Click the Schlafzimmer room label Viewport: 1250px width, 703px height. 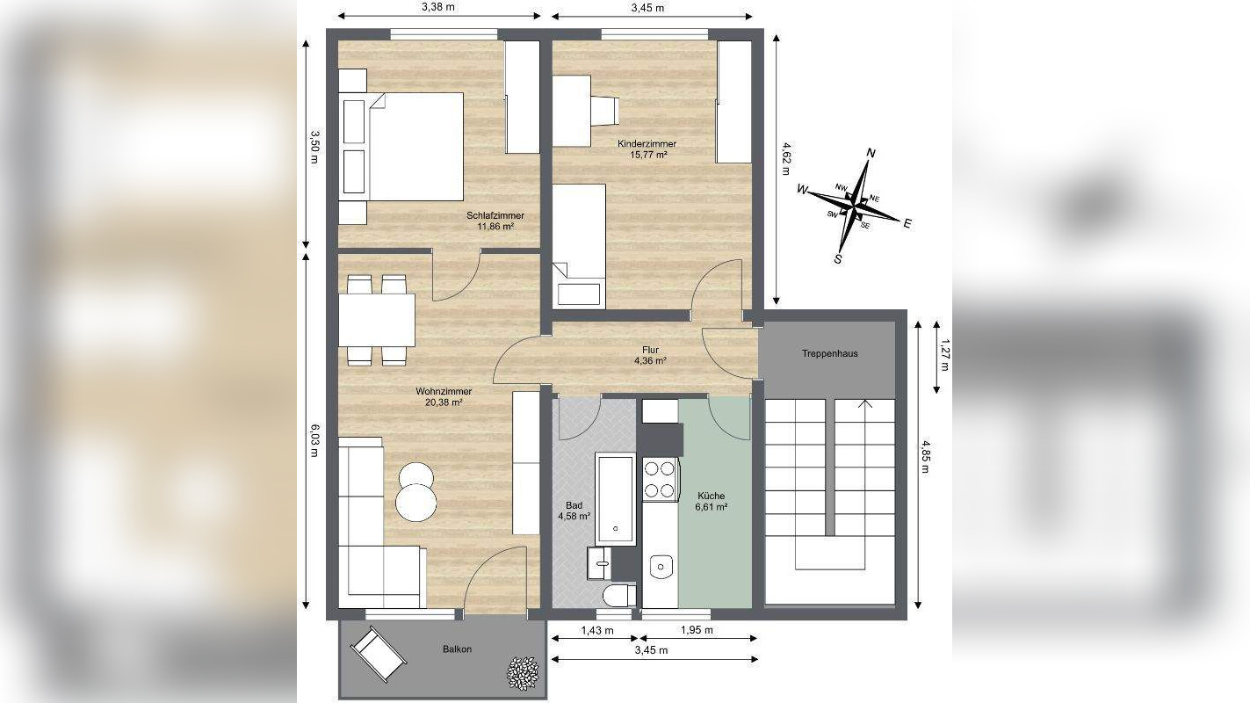point(495,215)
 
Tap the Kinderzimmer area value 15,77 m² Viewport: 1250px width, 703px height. point(647,155)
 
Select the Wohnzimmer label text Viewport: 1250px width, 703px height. point(444,391)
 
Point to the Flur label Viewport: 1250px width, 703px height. point(650,350)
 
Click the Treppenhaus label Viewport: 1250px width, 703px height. point(829,354)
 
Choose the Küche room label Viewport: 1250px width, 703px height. point(712,496)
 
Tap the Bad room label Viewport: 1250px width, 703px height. point(574,505)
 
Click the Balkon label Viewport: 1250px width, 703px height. point(457,649)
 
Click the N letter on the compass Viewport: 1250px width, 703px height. point(871,153)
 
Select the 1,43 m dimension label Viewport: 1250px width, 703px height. point(597,630)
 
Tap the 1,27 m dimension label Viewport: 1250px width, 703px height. point(943,355)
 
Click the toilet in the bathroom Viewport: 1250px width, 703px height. point(621,595)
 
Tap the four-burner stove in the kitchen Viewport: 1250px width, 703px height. point(660,479)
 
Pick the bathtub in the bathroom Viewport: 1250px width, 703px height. point(616,498)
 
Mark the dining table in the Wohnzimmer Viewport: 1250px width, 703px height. point(377,320)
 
